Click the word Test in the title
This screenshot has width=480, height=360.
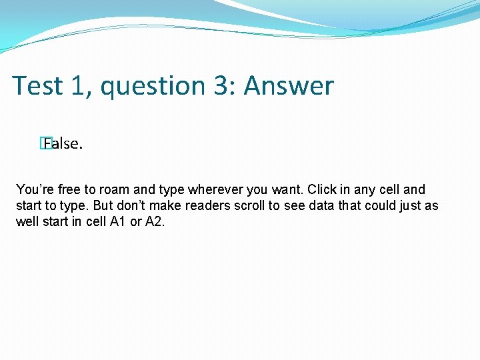coord(37,86)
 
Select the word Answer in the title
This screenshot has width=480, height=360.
coord(289,86)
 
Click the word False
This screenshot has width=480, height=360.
coord(64,143)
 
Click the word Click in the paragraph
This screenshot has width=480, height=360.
coord(322,190)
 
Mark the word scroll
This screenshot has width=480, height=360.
coord(249,205)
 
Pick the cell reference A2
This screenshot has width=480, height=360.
coord(154,221)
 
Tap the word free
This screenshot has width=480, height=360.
coord(69,190)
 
